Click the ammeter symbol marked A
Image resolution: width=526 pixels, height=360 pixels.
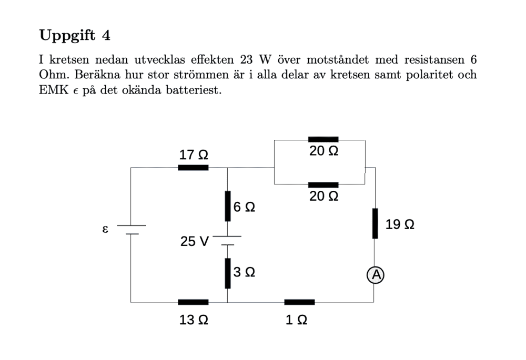(375, 275)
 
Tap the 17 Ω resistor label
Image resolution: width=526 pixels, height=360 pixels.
(194, 155)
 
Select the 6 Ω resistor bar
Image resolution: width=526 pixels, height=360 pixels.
(227, 206)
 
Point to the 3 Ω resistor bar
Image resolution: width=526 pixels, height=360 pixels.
(227, 273)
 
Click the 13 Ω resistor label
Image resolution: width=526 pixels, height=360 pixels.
(194, 320)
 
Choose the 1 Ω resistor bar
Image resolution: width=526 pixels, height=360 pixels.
(299, 302)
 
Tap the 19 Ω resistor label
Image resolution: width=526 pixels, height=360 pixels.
(400, 224)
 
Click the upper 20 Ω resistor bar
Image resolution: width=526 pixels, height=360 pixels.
(323, 139)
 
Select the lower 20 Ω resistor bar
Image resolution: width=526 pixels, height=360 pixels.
(323, 184)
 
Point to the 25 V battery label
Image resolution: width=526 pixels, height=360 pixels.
(194, 241)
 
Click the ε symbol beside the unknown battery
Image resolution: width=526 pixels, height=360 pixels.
(105, 230)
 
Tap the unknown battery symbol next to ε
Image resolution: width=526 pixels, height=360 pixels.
(131, 230)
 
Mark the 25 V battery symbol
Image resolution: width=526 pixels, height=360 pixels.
(227, 241)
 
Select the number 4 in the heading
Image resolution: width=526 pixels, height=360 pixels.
(106, 35)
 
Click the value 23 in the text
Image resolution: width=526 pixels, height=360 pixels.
(247, 60)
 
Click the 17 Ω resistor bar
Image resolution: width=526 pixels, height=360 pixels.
(193, 167)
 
